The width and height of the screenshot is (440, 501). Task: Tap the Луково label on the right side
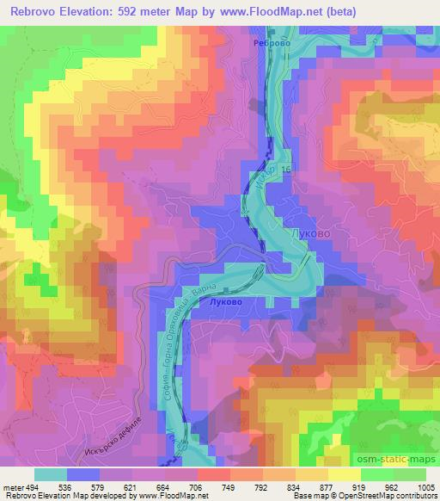tap(311, 233)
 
